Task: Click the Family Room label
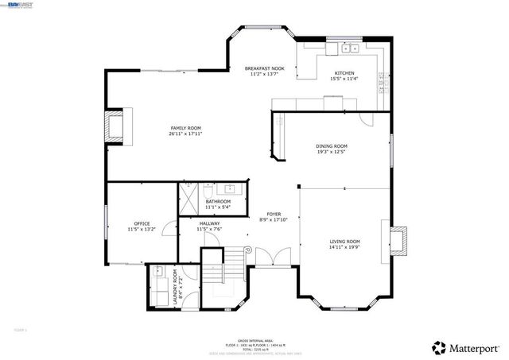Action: click(185, 128)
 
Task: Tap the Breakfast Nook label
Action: click(264, 69)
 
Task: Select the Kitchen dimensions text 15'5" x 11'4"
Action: click(345, 79)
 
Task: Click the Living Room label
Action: click(345, 242)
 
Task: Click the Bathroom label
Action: click(218, 202)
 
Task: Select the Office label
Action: click(142, 223)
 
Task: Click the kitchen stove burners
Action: click(381, 80)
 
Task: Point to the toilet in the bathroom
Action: click(207, 191)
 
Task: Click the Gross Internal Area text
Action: click(254, 335)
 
